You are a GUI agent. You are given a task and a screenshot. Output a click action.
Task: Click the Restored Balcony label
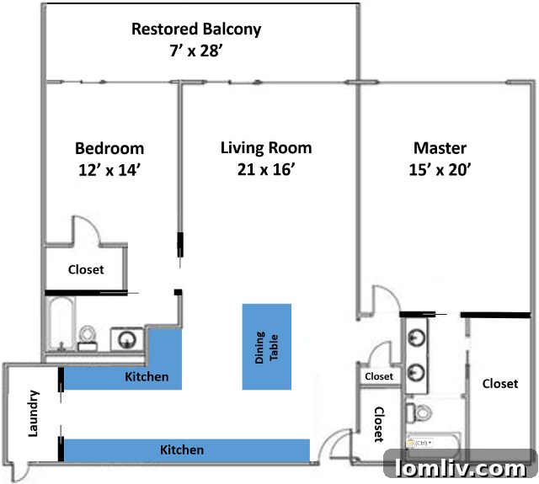click(196, 29)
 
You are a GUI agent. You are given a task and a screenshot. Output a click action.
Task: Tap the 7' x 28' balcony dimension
click(196, 51)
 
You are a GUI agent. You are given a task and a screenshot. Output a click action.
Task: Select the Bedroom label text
click(109, 149)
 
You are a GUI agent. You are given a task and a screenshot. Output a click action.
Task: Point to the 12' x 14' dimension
click(109, 169)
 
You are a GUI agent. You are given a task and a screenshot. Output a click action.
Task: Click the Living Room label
click(266, 149)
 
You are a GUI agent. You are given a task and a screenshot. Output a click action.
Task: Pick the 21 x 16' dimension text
click(266, 169)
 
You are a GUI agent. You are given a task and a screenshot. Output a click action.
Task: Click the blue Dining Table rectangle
click(267, 346)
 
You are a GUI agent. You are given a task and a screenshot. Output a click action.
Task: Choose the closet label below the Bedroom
click(86, 270)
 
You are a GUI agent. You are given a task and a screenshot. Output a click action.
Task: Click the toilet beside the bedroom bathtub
click(88, 337)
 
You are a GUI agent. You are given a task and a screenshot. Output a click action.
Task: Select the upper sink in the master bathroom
click(416, 338)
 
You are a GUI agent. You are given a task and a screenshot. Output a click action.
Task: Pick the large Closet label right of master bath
click(499, 384)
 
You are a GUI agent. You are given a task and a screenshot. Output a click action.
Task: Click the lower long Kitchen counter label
click(182, 450)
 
